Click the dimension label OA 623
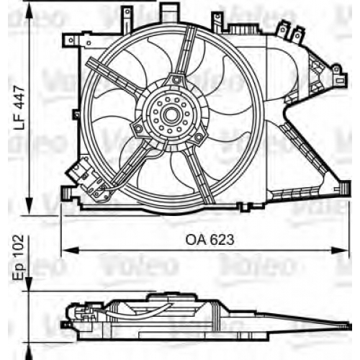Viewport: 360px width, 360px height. tap(210, 240)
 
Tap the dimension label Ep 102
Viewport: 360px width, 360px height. tap(18, 257)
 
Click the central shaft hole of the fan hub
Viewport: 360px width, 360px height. tap(172, 114)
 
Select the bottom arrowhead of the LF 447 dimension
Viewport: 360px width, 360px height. tap(30, 205)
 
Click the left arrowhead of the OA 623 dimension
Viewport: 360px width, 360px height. tap(71, 251)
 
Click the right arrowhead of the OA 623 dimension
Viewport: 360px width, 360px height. tap(339, 251)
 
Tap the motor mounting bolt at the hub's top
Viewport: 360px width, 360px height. tap(177, 78)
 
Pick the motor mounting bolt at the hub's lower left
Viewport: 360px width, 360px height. tap(138, 129)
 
